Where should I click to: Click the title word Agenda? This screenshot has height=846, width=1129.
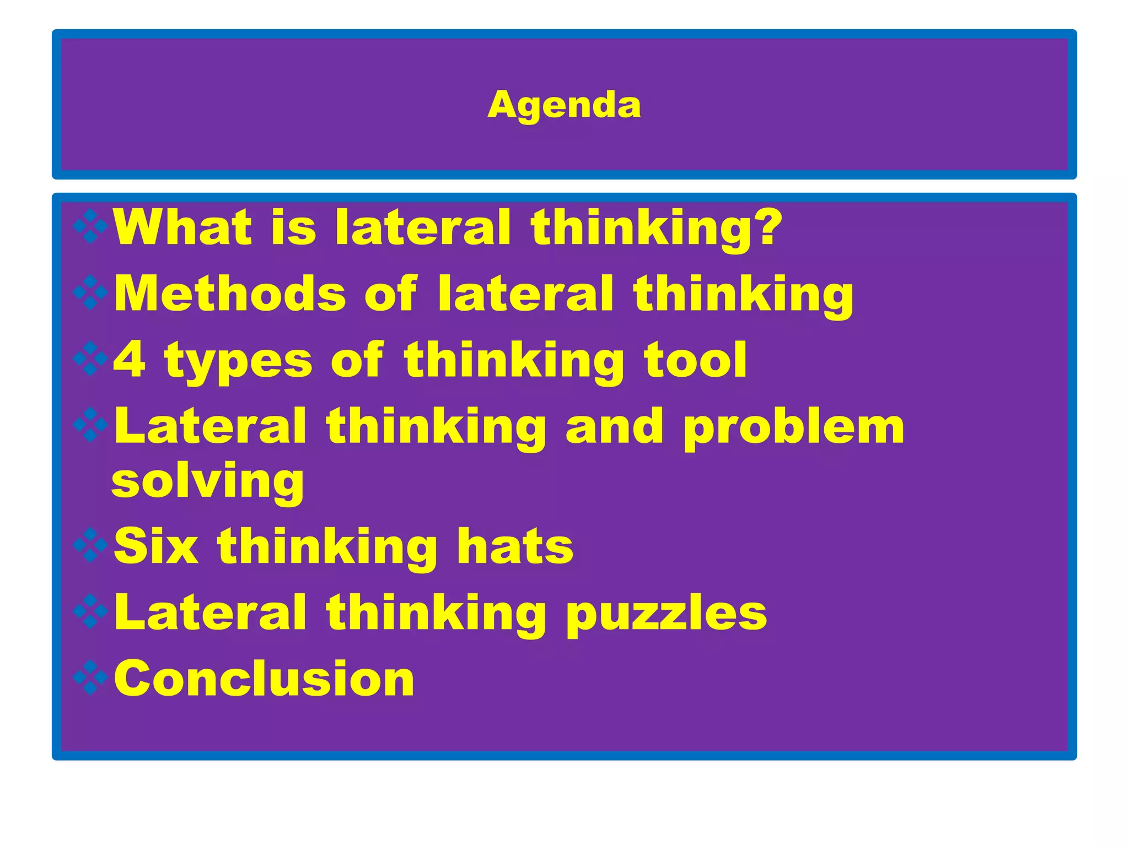click(x=564, y=105)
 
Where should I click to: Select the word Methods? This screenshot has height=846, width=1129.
click(x=230, y=293)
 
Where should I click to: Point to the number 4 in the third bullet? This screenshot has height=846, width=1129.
click(x=130, y=359)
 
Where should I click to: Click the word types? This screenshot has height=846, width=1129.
click(x=238, y=361)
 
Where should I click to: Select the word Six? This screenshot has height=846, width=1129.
click(x=156, y=546)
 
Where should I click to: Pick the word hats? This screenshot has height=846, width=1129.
click(x=515, y=546)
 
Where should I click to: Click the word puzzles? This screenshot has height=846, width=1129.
click(x=666, y=614)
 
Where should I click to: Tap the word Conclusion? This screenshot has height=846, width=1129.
click(x=264, y=678)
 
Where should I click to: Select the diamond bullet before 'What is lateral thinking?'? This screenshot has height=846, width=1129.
click(x=90, y=226)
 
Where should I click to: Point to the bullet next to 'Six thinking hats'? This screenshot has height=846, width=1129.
click(x=90, y=545)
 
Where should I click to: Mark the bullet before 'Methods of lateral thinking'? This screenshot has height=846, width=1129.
click(x=90, y=292)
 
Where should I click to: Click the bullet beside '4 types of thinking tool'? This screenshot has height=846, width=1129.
click(x=90, y=359)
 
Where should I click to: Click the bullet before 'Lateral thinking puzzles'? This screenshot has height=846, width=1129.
click(x=90, y=612)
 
